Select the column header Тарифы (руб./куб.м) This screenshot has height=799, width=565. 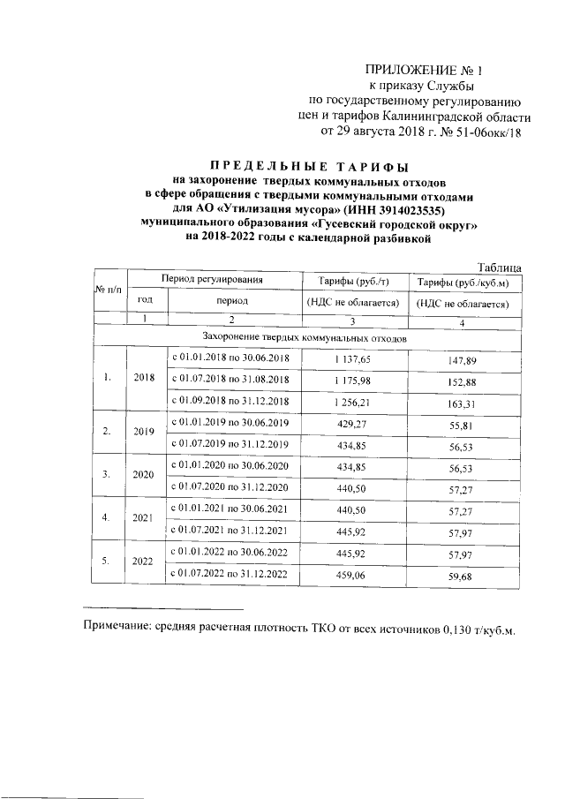(x=465, y=282)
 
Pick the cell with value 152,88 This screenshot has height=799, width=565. (x=463, y=381)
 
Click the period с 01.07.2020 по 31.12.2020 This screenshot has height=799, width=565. (x=230, y=488)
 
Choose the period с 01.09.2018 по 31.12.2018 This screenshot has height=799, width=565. (x=230, y=403)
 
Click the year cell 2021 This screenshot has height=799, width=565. (x=143, y=518)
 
